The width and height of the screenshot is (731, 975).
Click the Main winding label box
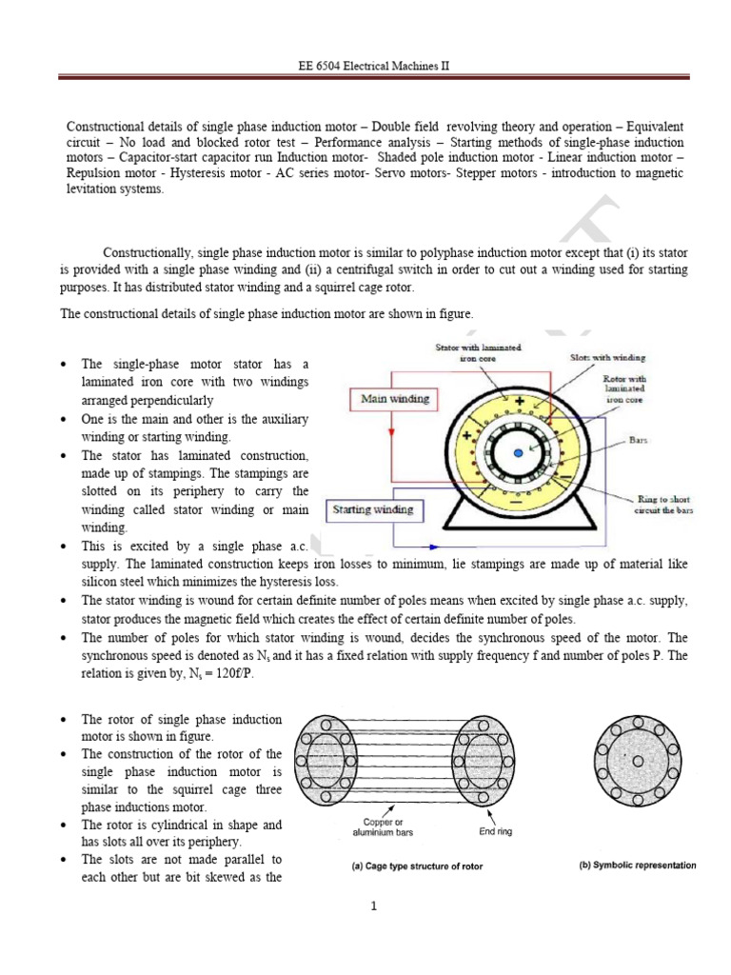tap(395, 398)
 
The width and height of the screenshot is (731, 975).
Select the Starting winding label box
tap(373, 509)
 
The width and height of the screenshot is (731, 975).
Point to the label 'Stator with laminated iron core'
tap(477, 354)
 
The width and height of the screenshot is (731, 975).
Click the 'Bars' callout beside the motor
tap(639, 441)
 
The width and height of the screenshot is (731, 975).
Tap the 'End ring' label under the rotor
tap(496, 830)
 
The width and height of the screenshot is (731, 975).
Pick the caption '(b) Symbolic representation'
tap(638, 866)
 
